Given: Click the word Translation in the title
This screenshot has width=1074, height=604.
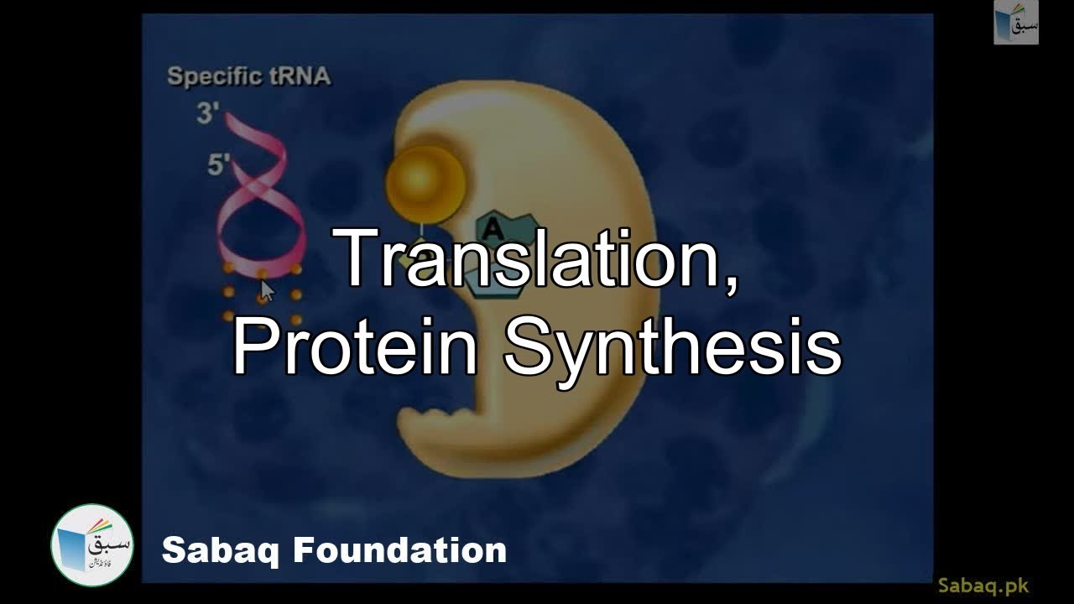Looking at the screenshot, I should [527, 260].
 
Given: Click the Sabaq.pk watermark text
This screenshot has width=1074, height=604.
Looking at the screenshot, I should [983, 586].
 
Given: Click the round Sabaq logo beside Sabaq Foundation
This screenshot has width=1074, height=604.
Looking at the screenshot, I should [92, 545].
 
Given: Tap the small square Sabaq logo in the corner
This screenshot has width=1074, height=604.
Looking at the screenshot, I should [1016, 23].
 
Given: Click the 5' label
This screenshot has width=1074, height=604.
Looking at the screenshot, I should [219, 165].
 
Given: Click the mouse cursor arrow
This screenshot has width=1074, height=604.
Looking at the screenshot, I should [267, 290].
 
